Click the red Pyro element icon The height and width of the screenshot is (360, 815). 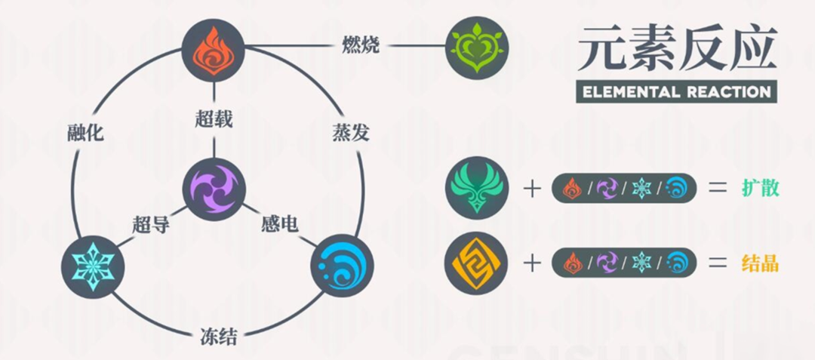(x=214, y=50)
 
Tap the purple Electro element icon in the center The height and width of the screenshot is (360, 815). (x=214, y=189)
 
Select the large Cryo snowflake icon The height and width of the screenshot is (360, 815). (x=93, y=266)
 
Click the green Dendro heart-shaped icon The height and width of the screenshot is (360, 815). (x=477, y=49)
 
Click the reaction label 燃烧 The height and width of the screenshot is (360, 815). (x=360, y=45)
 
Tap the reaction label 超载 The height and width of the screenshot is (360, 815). (x=214, y=119)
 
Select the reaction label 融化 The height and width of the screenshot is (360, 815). (x=85, y=134)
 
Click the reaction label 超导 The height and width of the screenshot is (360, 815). (x=150, y=224)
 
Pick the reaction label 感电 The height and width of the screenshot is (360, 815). (x=279, y=224)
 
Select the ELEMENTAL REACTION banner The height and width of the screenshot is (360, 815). (x=675, y=91)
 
